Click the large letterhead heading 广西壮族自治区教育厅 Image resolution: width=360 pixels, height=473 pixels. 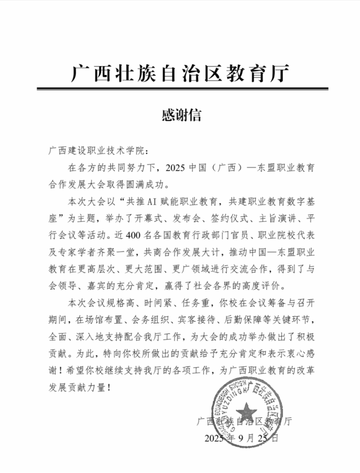click(179, 73)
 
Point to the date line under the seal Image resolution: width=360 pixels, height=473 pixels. click(242, 438)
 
